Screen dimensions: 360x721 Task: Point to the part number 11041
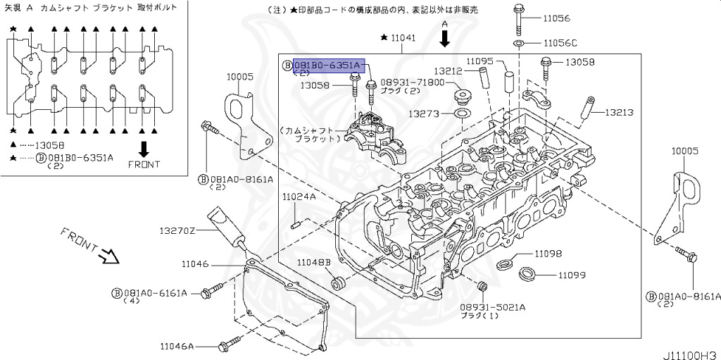tap(405, 37)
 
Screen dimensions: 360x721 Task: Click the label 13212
tap(447, 71)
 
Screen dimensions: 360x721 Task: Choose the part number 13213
tap(619, 112)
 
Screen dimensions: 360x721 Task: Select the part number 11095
tap(479, 61)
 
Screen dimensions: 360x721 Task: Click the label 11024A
tap(299, 197)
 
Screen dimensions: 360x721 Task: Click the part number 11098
tap(547, 253)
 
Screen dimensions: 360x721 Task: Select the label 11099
tap(572, 275)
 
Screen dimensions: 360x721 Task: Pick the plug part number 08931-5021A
tap(493, 307)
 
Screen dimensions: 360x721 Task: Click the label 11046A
tap(177, 346)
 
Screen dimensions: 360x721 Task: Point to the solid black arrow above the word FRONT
tap(144, 148)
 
